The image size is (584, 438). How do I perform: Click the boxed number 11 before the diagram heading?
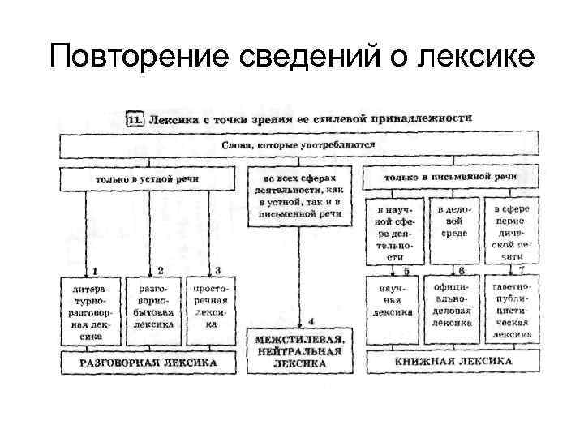[135, 120]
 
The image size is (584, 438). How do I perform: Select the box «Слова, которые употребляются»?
[298, 144]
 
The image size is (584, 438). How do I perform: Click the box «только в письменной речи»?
[451, 177]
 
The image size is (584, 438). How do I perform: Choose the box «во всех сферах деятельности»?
[298, 195]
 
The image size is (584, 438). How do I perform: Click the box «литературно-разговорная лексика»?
[91, 311]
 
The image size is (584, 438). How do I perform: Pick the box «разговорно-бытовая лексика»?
[154, 306]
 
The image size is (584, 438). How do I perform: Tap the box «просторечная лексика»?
[211, 305]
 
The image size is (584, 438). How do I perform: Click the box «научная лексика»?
[394, 300]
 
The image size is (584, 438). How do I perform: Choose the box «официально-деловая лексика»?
[453, 305]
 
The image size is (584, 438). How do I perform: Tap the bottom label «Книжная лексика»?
[451, 362]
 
